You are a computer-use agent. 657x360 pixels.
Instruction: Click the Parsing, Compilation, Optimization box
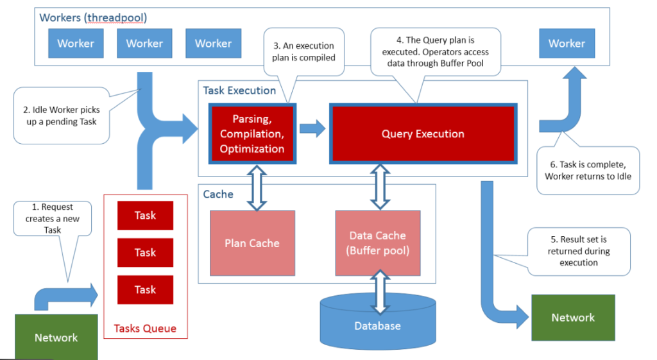coord(252,133)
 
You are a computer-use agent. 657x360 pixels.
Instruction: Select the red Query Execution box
coord(422,133)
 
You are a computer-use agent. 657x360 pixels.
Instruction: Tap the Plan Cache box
coord(252,243)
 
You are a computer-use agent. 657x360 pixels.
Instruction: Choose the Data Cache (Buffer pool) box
coord(377,243)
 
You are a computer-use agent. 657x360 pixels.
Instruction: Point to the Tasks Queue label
coord(145,329)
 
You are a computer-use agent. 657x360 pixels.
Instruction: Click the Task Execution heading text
coord(239,90)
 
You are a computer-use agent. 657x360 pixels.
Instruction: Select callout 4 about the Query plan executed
coord(429,51)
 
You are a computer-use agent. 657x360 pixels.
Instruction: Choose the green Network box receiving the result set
coord(573,317)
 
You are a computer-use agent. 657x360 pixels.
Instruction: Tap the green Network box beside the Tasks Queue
coord(56,338)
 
